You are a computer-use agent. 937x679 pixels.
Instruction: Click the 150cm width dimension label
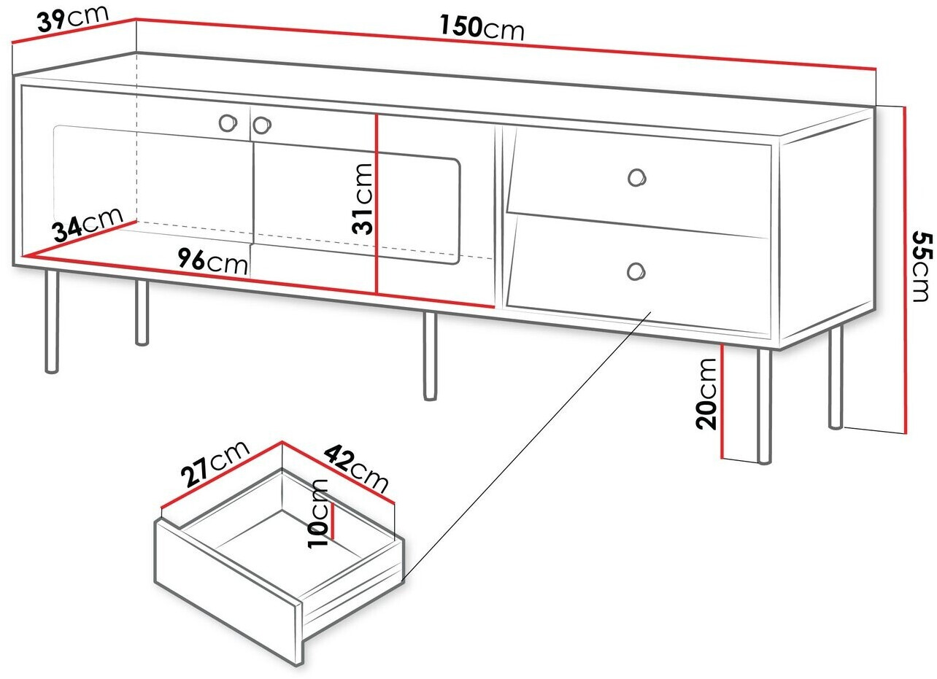click(482, 27)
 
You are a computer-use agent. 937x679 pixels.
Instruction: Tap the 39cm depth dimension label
click(73, 18)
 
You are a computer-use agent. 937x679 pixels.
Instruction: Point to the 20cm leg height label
click(706, 394)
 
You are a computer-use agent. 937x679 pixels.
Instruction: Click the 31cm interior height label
click(362, 198)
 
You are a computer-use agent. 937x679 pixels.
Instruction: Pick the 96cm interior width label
click(213, 261)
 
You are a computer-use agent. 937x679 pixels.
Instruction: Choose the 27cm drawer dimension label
click(215, 463)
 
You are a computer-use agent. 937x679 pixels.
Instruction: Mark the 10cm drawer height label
click(318, 513)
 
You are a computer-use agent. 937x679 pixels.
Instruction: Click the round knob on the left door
click(228, 123)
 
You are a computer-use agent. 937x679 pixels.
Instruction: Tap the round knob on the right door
click(262, 125)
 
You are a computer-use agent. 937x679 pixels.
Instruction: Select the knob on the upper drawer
click(637, 178)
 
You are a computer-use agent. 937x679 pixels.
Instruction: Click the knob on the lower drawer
click(636, 271)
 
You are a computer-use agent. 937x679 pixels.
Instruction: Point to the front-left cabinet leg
click(52, 321)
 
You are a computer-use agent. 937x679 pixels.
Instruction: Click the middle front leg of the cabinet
click(430, 356)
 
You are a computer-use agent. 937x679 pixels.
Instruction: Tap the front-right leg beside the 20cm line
click(765, 406)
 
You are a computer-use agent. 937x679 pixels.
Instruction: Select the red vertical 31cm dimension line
click(377, 204)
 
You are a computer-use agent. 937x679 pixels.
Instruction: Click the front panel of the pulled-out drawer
click(228, 594)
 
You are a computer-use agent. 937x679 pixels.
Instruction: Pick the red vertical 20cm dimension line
click(722, 401)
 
